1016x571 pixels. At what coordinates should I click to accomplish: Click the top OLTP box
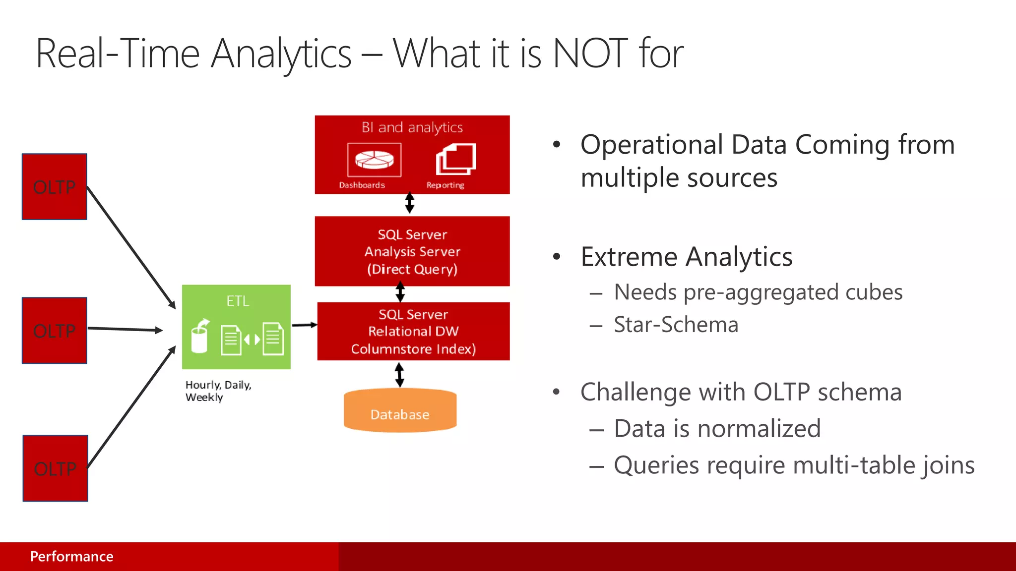pos(55,187)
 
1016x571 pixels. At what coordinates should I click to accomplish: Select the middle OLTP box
pos(55,331)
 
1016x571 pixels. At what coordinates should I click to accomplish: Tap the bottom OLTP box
pos(55,468)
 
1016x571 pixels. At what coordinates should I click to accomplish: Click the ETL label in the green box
pos(238,301)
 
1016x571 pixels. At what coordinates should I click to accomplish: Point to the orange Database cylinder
pos(400,411)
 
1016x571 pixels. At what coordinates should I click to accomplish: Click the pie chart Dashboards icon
pos(374,160)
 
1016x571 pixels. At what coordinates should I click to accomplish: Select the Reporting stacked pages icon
pos(456,159)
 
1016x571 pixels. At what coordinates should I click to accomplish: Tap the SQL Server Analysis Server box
pos(412,251)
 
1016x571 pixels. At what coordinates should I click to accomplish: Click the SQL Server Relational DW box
pos(413,331)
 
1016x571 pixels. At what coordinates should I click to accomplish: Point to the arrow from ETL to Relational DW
pos(304,325)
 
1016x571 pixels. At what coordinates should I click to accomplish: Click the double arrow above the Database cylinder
pos(399,375)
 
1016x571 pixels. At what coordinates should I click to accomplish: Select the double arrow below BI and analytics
pos(410,203)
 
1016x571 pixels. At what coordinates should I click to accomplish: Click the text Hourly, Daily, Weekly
pos(218,391)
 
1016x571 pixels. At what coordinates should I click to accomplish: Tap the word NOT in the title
pos(590,54)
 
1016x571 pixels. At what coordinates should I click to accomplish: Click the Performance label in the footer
pos(71,557)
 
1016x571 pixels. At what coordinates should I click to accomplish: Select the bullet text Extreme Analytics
pos(686,257)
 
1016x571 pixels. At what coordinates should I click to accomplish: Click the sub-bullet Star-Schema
pos(676,325)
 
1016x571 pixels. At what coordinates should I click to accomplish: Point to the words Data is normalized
pos(717,428)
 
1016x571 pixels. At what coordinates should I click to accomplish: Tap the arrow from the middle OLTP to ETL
pos(125,329)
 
